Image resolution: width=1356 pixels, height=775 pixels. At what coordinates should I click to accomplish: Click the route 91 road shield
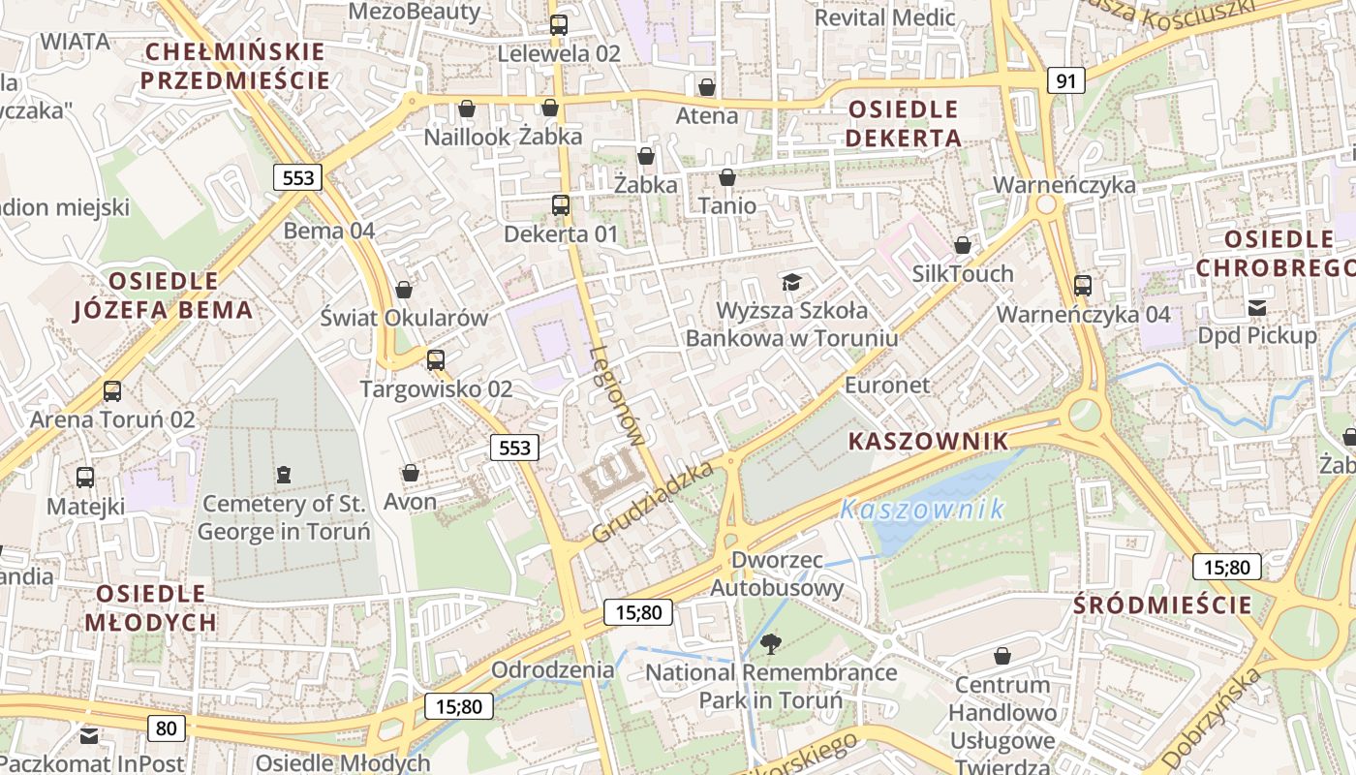point(1065,80)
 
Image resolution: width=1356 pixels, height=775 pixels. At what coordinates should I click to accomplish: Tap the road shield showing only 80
point(167,728)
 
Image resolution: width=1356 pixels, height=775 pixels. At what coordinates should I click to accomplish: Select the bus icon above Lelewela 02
point(559,25)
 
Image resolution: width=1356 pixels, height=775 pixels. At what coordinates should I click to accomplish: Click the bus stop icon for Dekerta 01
point(561,205)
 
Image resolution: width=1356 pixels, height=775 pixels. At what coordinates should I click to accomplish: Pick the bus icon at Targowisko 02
point(436,360)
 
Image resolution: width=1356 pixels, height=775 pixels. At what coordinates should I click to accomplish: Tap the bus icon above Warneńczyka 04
point(1083,286)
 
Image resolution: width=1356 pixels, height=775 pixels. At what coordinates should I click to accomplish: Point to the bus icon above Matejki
point(85,478)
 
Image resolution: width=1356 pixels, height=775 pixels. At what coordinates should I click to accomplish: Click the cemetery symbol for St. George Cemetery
point(283,474)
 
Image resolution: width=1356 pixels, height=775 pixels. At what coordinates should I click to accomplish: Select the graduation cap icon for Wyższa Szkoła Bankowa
point(792,282)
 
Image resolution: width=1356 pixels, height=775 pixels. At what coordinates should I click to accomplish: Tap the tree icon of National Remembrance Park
point(771,643)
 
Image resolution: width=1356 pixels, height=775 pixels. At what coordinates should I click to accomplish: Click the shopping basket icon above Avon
point(411,473)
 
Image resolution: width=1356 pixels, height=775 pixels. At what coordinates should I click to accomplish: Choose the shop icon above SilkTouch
point(963,245)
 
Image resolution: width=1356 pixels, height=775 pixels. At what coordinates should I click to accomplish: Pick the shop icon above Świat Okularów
point(404,290)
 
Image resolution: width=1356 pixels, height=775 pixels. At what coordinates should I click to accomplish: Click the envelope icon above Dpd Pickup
point(1257,308)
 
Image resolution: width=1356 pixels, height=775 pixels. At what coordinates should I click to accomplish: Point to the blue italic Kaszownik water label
point(922,509)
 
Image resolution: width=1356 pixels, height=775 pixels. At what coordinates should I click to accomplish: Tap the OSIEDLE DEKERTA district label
point(903,123)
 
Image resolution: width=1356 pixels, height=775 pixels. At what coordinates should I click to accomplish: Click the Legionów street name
point(616,395)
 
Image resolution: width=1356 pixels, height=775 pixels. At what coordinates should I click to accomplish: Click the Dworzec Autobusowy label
point(778,573)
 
